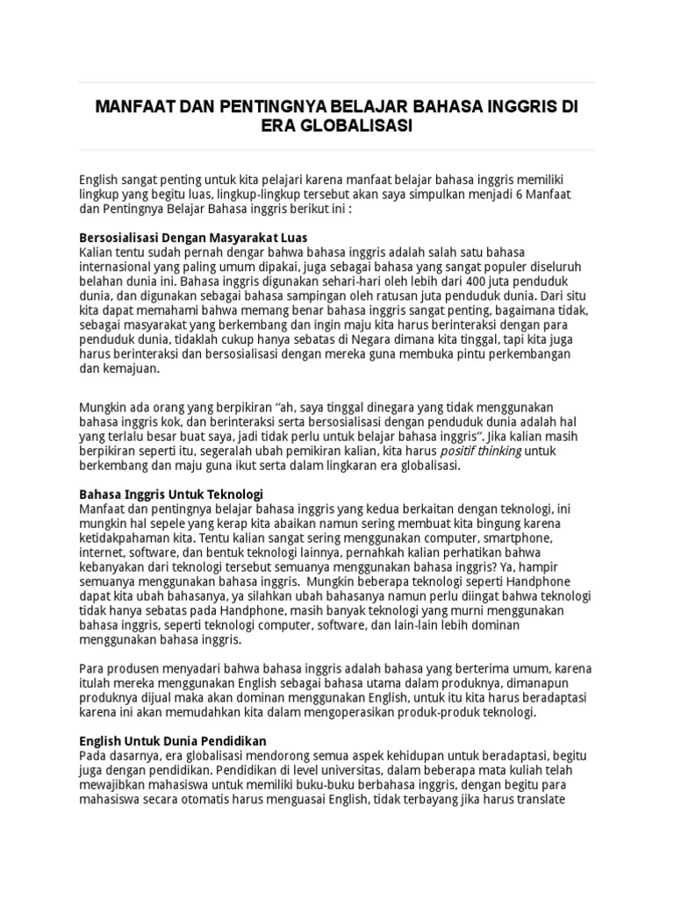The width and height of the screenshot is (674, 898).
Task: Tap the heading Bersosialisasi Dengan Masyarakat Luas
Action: (193, 239)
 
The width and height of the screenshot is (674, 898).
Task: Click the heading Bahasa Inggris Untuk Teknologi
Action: (171, 494)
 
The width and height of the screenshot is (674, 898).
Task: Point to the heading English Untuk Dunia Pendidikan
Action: (173, 741)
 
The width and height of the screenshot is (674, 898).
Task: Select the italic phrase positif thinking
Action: (482, 451)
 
